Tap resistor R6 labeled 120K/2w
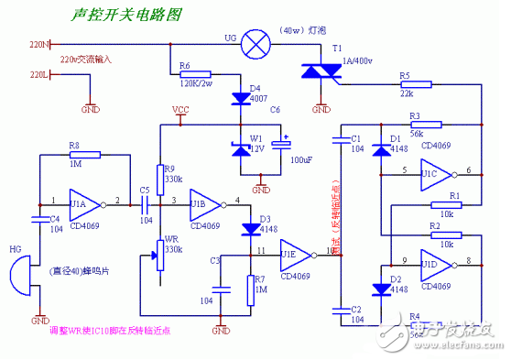196,74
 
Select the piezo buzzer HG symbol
20,274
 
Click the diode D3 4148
248,229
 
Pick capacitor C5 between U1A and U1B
144,202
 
